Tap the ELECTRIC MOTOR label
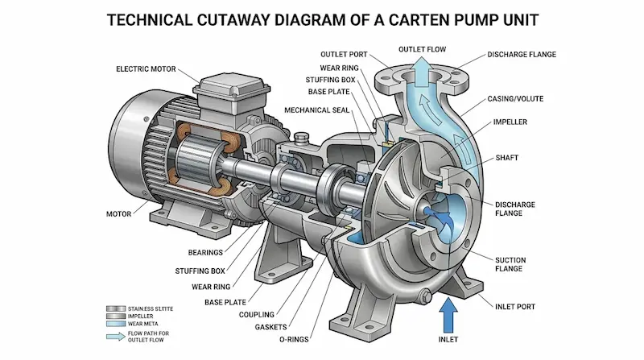(x=146, y=69)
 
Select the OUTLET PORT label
(x=344, y=54)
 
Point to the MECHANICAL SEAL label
(x=316, y=110)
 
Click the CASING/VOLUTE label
(x=515, y=98)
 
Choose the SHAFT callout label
(x=507, y=157)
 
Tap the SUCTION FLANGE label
(x=510, y=264)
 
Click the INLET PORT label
(x=515, y=307)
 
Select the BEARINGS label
(x=205, y=252)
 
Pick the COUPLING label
(x=256, y=314)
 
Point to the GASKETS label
(x=270, y=327)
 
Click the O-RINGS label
(x=294, y=339)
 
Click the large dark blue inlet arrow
(x=448, y=315)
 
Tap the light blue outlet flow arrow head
(x=422, y=64)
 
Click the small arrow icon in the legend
(x=116, y=337)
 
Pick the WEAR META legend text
(x=143, y=324)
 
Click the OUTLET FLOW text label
(x=422, y=49)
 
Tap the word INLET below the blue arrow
(x=448, y=339)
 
